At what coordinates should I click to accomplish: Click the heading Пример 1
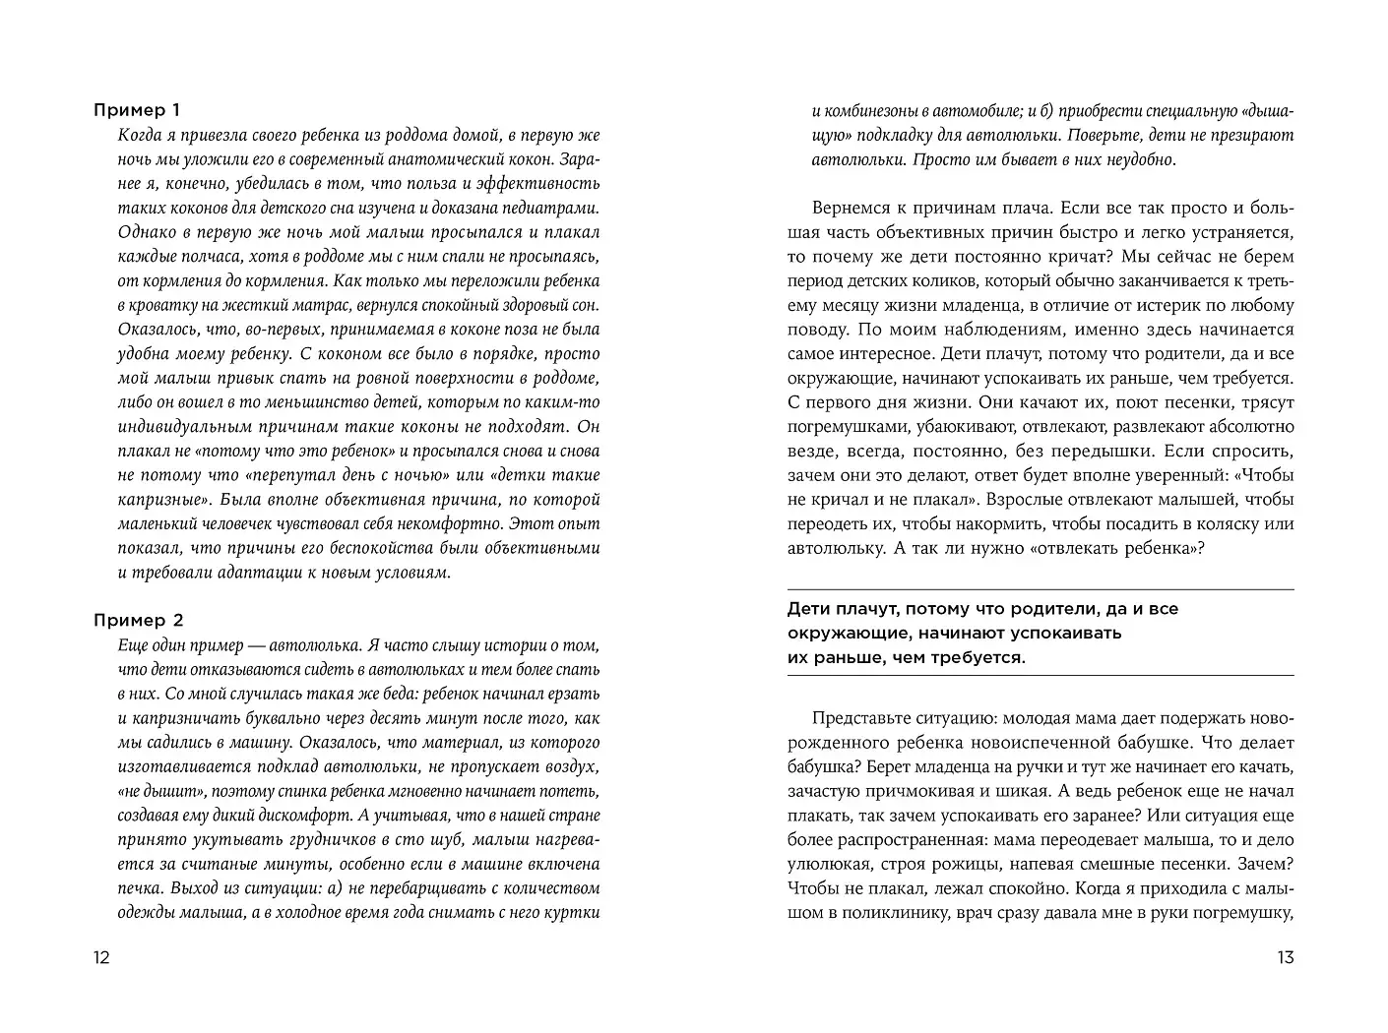click(x=137, y=110)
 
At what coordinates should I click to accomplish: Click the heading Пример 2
click(x=139, y=620)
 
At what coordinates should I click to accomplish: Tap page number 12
click(x=102, y=957)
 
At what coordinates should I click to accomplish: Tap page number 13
click(x=1285, y=957)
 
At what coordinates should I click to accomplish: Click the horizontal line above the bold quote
click(x=1041, y=590)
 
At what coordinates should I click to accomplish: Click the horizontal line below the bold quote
click(x=1041, y=675)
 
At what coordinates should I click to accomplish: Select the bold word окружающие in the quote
click(x=845, y=634)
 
